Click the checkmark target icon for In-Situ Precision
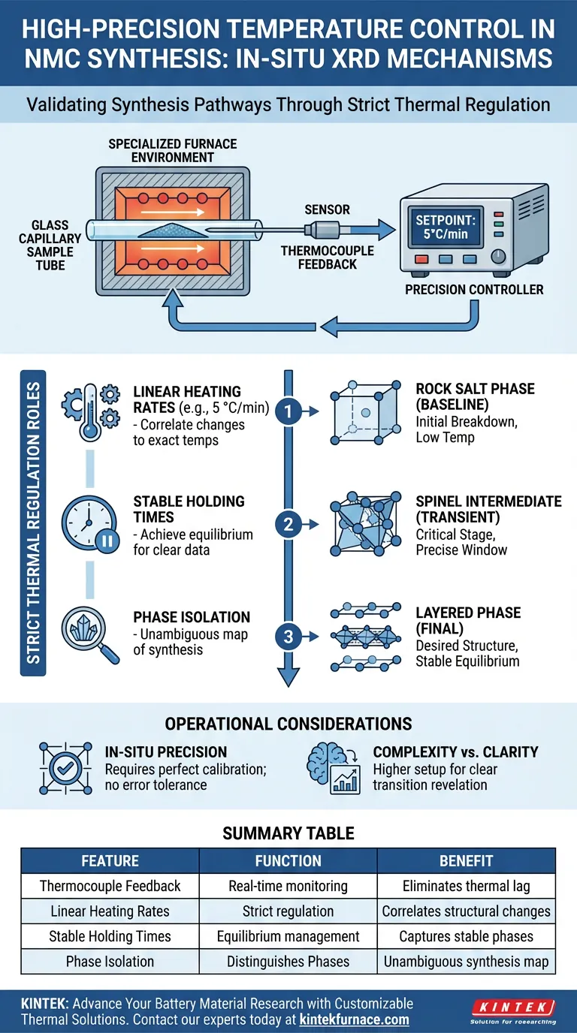click(x=63, y=766)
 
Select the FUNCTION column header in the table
click(x=288, y=861)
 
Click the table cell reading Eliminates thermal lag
click(x=466, y=886)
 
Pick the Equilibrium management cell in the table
click(x=288, y=936)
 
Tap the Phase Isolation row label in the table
click(x=110, y=962)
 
